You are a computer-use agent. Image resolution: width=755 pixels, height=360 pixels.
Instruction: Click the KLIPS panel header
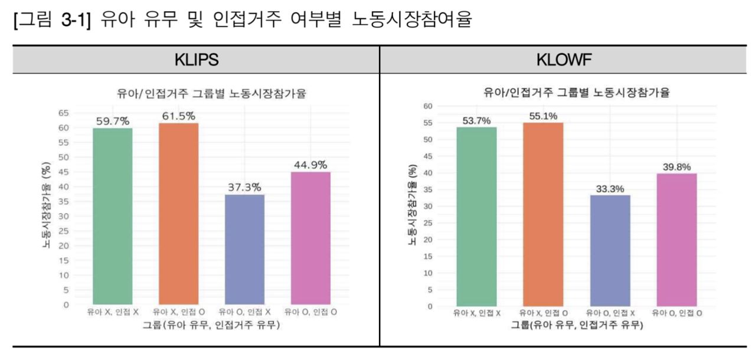coord(196,60)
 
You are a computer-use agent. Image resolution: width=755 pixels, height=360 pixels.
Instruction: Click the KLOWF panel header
coord(567,60)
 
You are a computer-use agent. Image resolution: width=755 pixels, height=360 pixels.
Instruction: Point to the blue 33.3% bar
coord(610,250)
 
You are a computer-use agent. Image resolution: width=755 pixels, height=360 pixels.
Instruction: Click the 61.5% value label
coord(179,116)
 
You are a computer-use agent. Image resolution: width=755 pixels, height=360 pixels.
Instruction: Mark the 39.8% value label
coord(676,167)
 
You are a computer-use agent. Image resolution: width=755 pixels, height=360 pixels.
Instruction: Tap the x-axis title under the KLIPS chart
coord(211,325)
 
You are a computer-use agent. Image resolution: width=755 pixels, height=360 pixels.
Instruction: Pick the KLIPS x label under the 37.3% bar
coord(244,311)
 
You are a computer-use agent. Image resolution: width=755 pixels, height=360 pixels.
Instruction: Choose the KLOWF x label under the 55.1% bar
coord(543,313)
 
